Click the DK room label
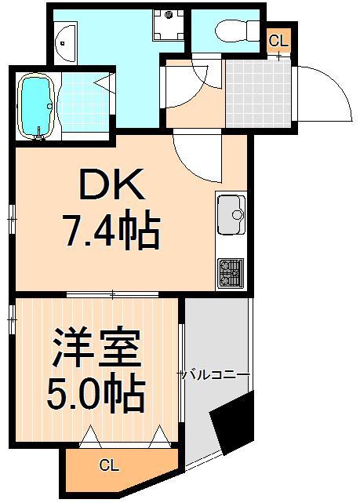pyautogui.click(x=111, y=189)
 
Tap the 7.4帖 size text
pyautogui.click(x=111, y=231)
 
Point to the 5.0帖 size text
pyautogui.click(x=96, y=395)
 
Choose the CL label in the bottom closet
pyautogui.click(x=109, y=465)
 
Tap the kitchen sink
pyautogui.click(x=231, y=213)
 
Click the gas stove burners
pyautogui.click(x=231, y=272)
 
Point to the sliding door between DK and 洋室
pyautogui.click(x=115, y=295)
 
